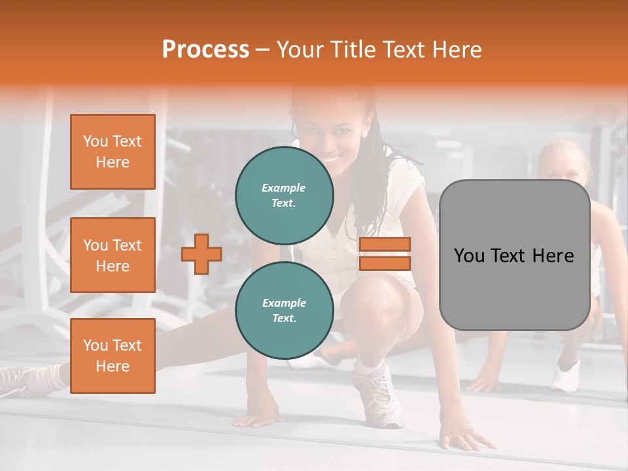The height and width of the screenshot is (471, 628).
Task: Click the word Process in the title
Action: pyautogui.click(x=205, y=49)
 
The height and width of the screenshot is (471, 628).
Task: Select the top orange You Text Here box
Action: pyautogui.click(x=113, y=152)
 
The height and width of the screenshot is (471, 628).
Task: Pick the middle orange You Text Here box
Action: pyautogui.click(x=113, y=255)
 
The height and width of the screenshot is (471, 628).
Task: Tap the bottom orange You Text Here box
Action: pyautogui.click(x=113, y=355)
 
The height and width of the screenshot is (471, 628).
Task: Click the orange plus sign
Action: pyautogui.click(x=201, y=254)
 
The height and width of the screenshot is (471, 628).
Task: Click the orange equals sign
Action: pyautogui.click(x=385, y=254)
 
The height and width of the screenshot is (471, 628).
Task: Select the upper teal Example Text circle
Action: pyautogui.click(x=285, y=195)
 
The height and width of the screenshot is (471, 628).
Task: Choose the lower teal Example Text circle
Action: pyautogui.click(x=285, y=310)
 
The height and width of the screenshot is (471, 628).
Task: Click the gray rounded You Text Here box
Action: pyautogui.click(x=514, y=255)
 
